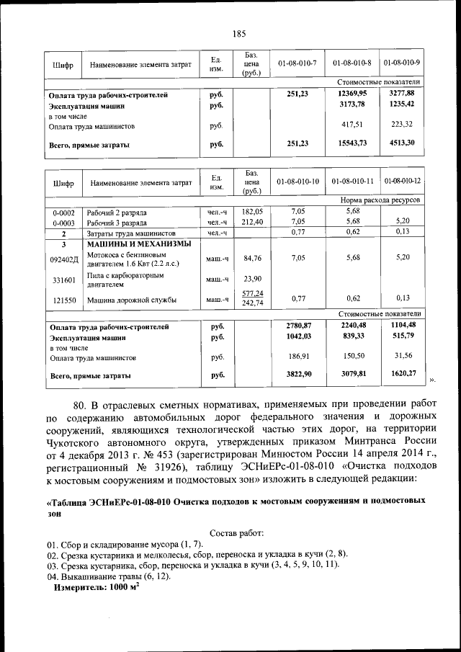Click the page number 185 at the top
[x=239, y=32]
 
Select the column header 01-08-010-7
[x=297, y=63]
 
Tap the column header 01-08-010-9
[x=403, y=63]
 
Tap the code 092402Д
[x=63, y=258]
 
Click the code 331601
[x=63, y=280]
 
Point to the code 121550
[x=63, y=299]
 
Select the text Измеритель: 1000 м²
[x=96, y=587]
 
